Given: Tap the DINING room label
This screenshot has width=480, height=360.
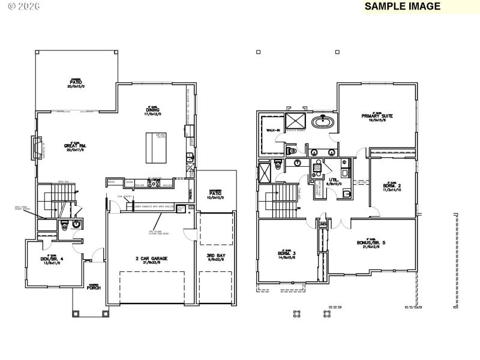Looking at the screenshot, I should pyautogui.click(x=152, y=110).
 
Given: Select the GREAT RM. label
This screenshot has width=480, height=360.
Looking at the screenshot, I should pyautogui.click(x=74, y=146).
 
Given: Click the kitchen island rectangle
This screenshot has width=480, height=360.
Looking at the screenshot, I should pyautogui.click(x=154, y=148).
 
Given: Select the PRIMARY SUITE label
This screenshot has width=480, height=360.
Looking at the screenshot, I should pyautogui.click(x=377, y=116).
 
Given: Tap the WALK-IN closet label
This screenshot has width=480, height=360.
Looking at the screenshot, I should pyautogui.click(x=273, y=130).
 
